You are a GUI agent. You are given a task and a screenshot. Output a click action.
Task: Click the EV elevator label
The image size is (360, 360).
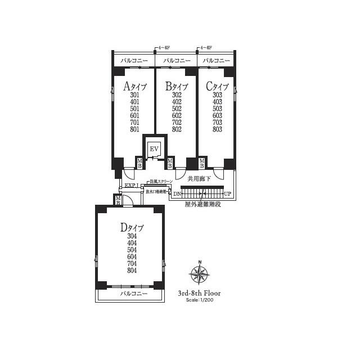click(x=154, y=148)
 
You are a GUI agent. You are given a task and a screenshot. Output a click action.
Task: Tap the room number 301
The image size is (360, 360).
click(x=134, y=95)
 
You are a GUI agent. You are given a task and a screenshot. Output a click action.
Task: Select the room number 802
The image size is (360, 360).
click(x=176, y=129)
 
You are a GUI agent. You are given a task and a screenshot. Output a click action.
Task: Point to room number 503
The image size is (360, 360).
click(x=217, y=109)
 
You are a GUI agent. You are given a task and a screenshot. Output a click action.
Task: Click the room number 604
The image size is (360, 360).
click(x=132, y=256)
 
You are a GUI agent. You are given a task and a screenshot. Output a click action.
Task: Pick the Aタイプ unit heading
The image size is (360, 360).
click(x=134, y=86)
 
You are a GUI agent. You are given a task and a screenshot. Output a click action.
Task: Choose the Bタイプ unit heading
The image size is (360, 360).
click(x=176, y=86)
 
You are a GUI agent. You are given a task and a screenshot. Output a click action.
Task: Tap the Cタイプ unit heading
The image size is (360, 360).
click(x=217, y=86)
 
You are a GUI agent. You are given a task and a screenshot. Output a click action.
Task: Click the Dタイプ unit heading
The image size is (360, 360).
click(x=132, y=227)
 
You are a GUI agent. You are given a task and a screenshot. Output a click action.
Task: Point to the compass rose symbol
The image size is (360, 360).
click(x=199, y=274)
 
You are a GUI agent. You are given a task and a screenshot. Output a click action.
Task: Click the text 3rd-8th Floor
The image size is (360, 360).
click(x=199, y=293)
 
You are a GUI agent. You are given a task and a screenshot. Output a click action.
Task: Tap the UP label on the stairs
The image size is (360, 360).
click(x=227, y=194)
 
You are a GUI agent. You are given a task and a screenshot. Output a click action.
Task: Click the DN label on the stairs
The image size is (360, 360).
click(x=177, y=194)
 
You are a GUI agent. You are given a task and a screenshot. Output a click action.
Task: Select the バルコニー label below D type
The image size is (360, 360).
click(x=133, y=294)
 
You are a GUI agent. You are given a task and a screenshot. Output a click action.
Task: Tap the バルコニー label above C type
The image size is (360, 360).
click(x=217, y=60)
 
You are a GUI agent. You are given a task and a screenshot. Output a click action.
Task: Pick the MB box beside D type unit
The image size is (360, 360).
click(x=118, y=200)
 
